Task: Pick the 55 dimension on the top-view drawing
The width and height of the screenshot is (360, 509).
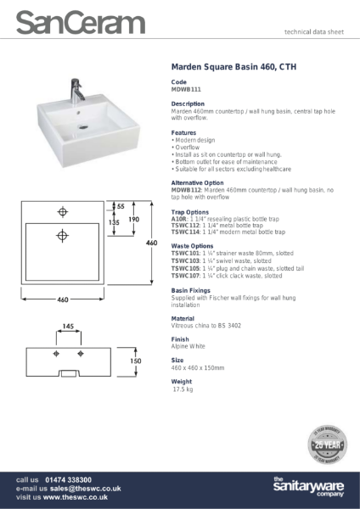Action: click(121, 206)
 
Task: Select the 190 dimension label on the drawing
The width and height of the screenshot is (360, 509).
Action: click(133, 219)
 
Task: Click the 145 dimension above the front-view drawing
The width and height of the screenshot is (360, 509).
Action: click(68, 326)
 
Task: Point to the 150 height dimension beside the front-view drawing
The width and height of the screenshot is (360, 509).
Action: click(135, 361)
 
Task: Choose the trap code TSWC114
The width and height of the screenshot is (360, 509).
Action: click(185, 232)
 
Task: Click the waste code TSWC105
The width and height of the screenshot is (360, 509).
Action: click(185, 269)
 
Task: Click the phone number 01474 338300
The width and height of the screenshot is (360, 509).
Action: click(68, 479)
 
